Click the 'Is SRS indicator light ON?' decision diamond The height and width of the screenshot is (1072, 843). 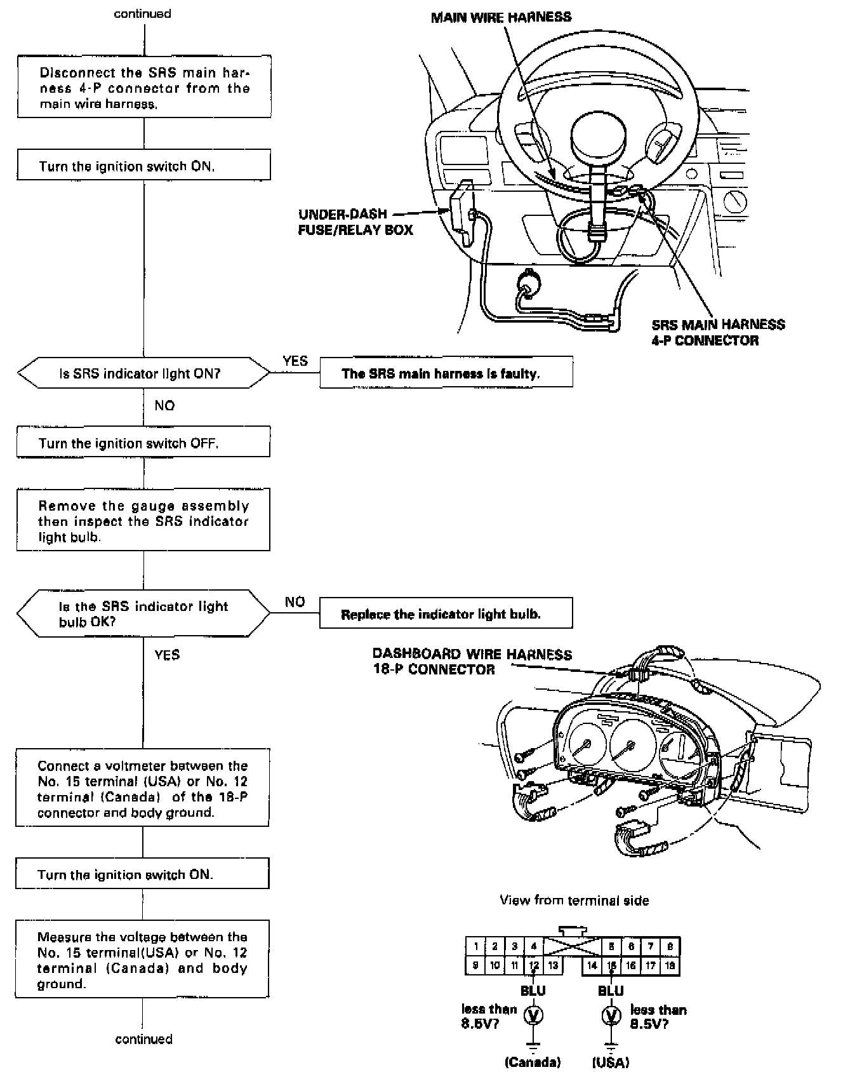click(x=143, y=373)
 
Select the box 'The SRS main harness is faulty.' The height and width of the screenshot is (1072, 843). click(x=446, y=373)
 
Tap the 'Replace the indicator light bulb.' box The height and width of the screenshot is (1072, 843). click(x=446, y=613)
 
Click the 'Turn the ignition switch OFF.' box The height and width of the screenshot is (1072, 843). click(x=143, y=442)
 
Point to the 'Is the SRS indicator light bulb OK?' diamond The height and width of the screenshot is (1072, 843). click(x=143, y=613)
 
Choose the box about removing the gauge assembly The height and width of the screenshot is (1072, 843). click(x=143, y=520)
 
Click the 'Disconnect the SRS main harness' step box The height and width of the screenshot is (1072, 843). click(x=143, y=87)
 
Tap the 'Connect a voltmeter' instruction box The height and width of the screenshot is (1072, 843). click(x=142, y=788)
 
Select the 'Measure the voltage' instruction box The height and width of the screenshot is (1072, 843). click(x=142, y=959)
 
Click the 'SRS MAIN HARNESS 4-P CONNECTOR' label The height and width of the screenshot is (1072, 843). click(x=717, y=332)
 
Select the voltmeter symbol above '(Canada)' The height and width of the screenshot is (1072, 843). click(x=533, y=1016)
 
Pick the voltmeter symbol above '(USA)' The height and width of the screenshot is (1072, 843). click(x=611, y=1016)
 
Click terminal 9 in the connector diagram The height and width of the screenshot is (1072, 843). click(x=475, y=966)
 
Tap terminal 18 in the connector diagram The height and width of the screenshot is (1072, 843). click(x=670, y=966)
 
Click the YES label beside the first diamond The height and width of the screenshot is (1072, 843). click(x=295, y=361)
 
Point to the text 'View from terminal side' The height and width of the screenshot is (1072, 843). click(x=574, y=900)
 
